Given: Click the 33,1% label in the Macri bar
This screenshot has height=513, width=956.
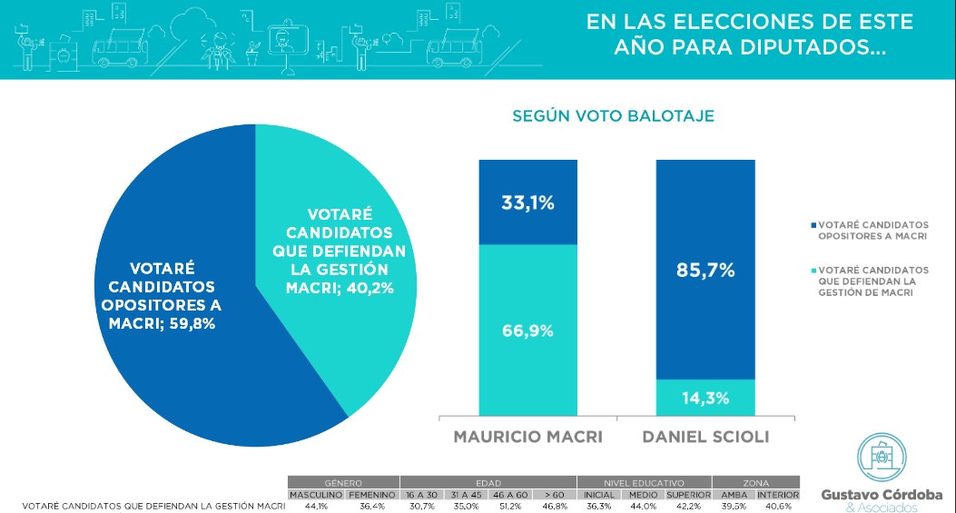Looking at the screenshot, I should coord(527,203).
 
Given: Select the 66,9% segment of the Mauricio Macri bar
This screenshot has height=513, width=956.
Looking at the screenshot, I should coord(527,330).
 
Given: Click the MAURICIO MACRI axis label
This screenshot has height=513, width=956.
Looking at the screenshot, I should coord(527,437).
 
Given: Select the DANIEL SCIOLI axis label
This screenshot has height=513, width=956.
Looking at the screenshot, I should coord(705,437).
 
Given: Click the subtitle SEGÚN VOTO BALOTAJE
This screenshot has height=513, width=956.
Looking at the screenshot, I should coord(613,116).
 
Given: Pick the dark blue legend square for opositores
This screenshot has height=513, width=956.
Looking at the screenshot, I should coord(812,224).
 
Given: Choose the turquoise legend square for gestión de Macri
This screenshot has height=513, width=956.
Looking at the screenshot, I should coord(812,271).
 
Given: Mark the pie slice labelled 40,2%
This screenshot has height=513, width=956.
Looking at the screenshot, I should coord(345,245).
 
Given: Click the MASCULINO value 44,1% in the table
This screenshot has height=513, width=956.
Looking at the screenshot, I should coord(316,506).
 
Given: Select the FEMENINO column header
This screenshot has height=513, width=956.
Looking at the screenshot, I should coord(372,494).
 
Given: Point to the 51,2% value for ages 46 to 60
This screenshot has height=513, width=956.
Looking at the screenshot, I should coord(510,506).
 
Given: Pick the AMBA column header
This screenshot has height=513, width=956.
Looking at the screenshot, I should coord(733,494).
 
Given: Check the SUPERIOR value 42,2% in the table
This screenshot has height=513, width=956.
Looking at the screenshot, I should coord(687,506).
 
